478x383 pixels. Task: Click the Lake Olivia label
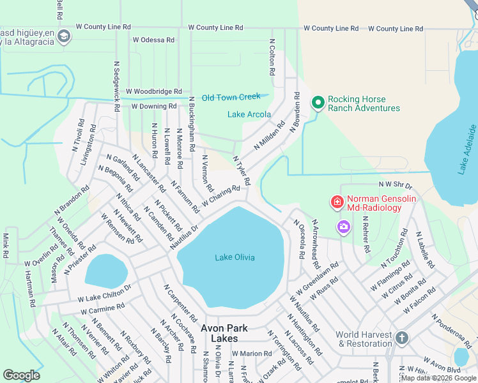(x=235, y=257)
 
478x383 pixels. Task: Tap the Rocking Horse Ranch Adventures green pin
(x=318, y=102)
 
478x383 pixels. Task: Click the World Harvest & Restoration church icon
(x=401, y=338)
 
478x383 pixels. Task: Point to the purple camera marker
(x=344, y=227)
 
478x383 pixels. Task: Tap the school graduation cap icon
(x=63, y=37)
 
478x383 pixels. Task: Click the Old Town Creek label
(x=231, y=97)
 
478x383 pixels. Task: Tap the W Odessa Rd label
(x=153, y=40)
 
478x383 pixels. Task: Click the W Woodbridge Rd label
(x=154, y=92)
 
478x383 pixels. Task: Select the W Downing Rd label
(x=154, y=106)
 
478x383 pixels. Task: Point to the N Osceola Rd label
(x=298, y=239)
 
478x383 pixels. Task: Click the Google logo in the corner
(x=22, y=375)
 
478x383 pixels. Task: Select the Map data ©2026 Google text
(x=438, y=378)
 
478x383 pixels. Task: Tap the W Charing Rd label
(x=221, y=196)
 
